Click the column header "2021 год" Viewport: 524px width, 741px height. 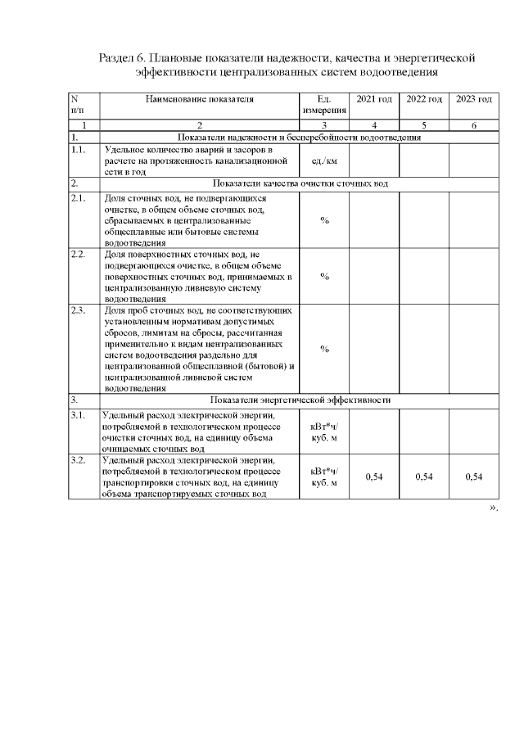(374, 99)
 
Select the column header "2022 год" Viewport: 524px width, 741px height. (424, 99)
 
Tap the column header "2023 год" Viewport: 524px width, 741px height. (473, 99)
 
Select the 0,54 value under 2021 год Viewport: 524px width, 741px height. (374, 477)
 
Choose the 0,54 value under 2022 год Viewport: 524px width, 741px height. (424, 477)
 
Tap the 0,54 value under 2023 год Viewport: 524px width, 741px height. (473, 477)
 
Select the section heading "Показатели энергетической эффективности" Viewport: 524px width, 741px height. (300, 400)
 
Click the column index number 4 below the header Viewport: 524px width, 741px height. (374, 125)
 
